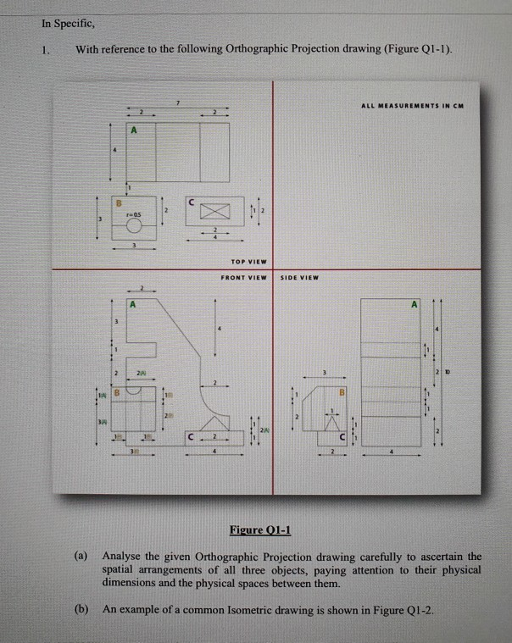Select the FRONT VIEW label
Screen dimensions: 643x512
[x=243, y=278]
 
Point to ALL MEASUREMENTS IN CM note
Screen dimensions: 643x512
[x=410, y=105]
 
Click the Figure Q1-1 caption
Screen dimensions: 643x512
[x=260, y=530]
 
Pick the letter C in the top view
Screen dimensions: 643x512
[x=193, y=202]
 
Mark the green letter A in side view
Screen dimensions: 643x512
[x=414, y=302]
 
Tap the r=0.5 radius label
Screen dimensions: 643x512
[x=132, y=215]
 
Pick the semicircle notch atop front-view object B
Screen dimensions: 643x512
[x=134, y=392]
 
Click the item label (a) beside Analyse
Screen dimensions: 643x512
[x=81, y=557]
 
